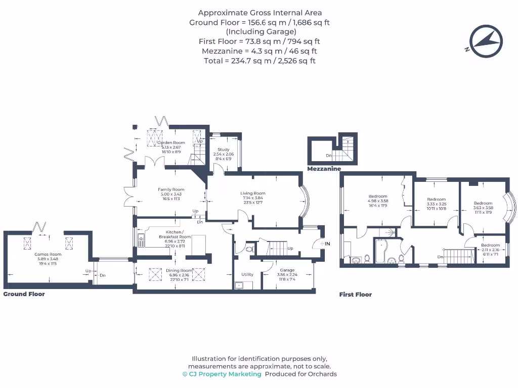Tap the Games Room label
click(48, 255)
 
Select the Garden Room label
click(171, 143)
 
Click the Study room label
click(224, 150)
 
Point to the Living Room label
click(252, 193)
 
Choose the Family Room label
click(171, 189)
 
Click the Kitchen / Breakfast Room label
click(175, 234)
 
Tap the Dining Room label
click(180, 271)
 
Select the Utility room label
click(247, 274)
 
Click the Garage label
click(289, 270)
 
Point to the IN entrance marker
click(327, 244)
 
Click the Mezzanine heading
click(324, 169)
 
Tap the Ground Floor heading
click(24, 294)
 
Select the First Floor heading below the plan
click(355, 295)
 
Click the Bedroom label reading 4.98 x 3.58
click(378, 197)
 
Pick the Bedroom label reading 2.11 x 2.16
click(490, 246)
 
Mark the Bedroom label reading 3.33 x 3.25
click(436, 200)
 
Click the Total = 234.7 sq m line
click(260, 61)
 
